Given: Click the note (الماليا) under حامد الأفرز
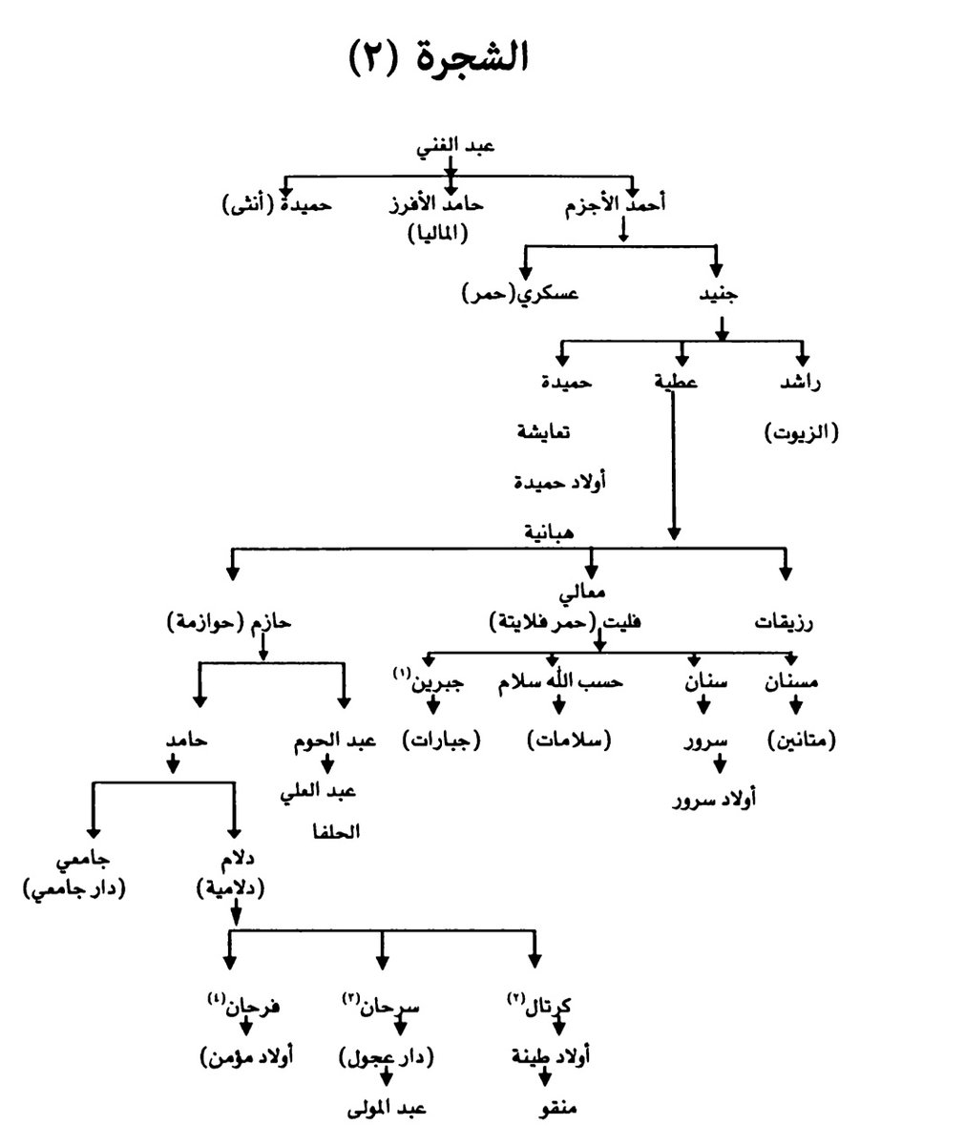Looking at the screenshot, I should pyautogui.click(x=438, y=234).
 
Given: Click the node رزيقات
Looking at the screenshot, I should pyautogui.click(x=785, y=623).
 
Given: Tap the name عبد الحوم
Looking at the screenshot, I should pyautogui.click(x=330, y=739).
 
